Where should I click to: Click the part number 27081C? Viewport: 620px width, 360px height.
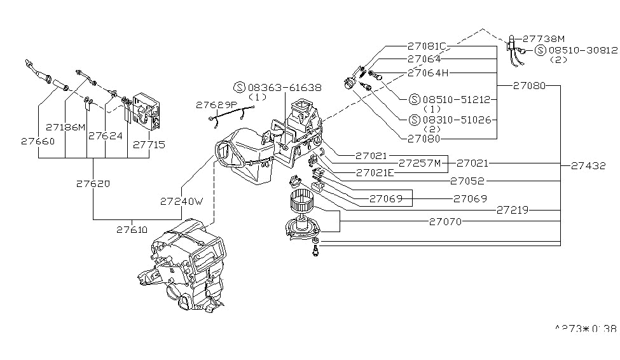(x=427, y=46)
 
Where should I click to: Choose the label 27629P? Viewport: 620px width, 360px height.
(x=216, y=105)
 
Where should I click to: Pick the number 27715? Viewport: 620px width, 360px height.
(x=149, y=144)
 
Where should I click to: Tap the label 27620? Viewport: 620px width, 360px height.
(x=93, y=184)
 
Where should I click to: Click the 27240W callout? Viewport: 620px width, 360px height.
(x=181, y=201)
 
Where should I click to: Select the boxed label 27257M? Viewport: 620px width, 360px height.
(x=427, y=163)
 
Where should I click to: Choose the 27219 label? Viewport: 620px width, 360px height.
(x=514, y=209)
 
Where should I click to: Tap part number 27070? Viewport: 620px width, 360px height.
(x=445, y=221)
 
